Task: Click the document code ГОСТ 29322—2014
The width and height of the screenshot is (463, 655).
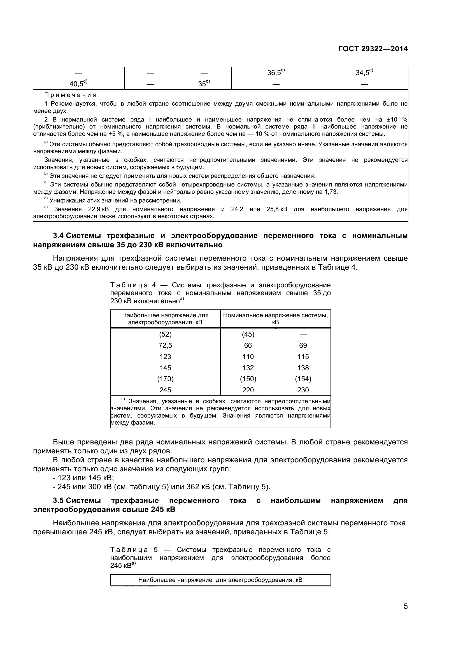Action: coord(373,49)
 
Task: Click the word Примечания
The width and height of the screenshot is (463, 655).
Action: coord(70,95)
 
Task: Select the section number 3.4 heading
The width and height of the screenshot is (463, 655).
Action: coord(59,236)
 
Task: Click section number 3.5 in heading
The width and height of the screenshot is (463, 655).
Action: coord(59,500)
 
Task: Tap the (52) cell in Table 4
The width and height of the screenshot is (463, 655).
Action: coord(165,334)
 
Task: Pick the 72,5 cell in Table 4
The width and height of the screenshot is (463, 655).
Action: coord(165,346)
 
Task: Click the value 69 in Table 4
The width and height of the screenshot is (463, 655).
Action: coord(303,346)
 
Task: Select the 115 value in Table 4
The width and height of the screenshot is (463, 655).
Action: coord(303,356)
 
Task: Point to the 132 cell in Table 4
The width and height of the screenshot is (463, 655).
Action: coord(248,368)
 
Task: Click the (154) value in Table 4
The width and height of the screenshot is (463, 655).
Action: coord(303,379)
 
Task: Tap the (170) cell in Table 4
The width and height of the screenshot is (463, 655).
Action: coord(165,379)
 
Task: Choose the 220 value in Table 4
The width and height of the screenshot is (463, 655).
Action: coord(248,390)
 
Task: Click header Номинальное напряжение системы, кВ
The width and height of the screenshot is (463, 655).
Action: coord(275,319)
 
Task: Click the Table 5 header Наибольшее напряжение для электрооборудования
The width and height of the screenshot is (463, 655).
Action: coord(220,580)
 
